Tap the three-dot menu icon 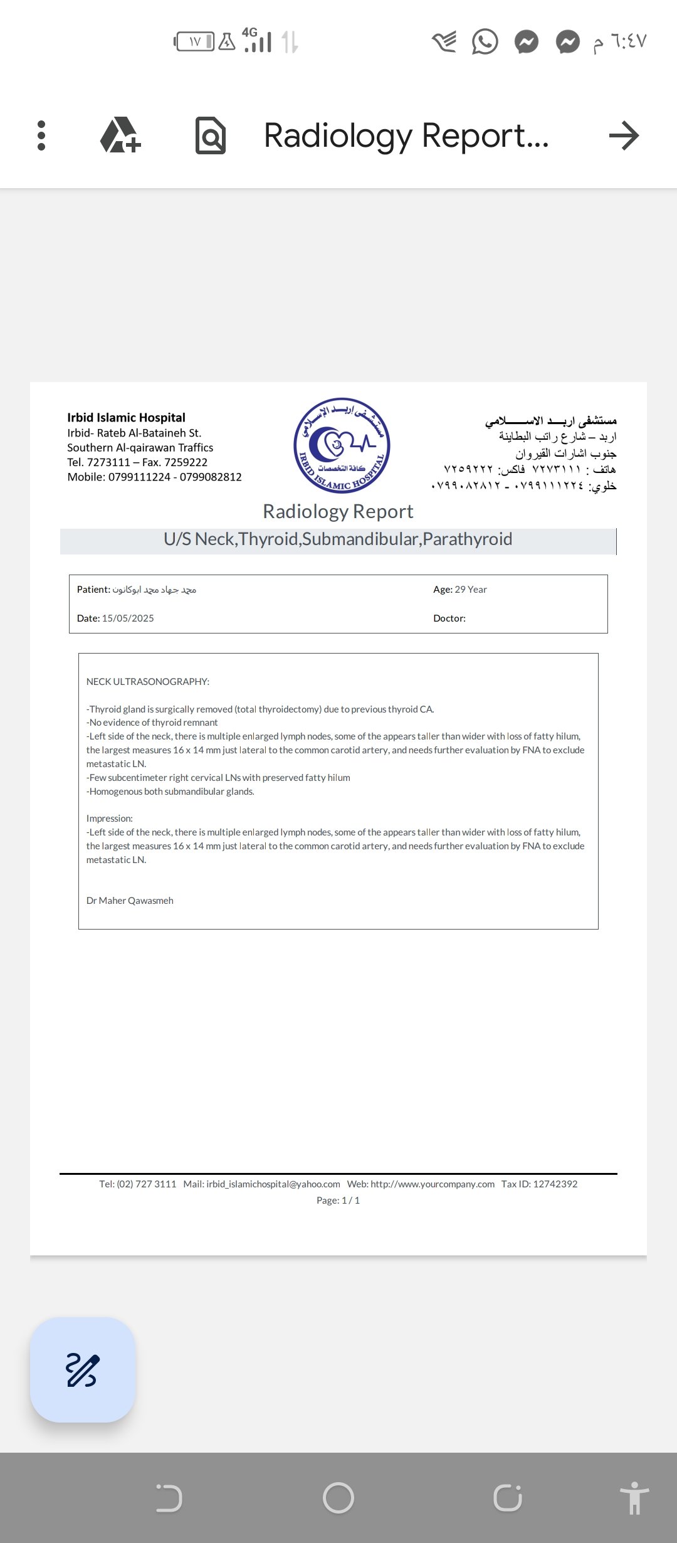click(x=41, y=135)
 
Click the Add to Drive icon click(x=120, y=135)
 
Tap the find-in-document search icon click(x=211, y=135)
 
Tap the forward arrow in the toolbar click(x=624, y=135)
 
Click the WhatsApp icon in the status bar click(x=485, y=42)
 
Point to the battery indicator click(x=194, y=42)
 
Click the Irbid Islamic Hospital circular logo click(x=342, y=445)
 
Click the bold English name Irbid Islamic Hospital click(x=126, y=418)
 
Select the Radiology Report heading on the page click(x=338, y=511)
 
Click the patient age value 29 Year click(x=470, y=590)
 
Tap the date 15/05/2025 click(x=128, y=618)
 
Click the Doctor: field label click(x=449, y=618)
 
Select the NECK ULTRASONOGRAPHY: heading click(x=148, y=682)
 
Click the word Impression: click(x=110, y=819)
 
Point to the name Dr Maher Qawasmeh click(x=130, y=901)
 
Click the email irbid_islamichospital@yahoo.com click(x=273, y=1184)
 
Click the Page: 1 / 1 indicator click(x=338, y=1201)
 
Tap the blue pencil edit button click(x=83, y=1369)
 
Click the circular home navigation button click(x=338, y=1498)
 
